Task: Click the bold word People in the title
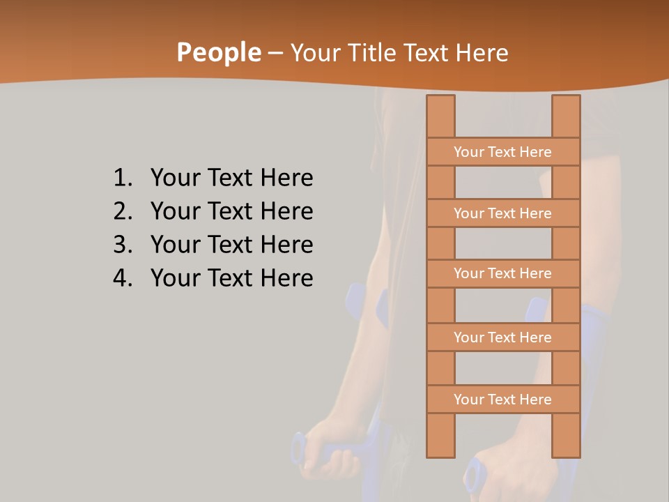[x=218, y=52]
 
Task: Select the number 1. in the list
[x=123, y=178]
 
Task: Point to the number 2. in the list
[x=123, y=211]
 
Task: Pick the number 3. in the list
[x=123, y=245]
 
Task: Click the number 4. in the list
[x=123, y=278]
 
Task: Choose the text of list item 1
[x=231, y=178]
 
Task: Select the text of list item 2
[x=231, y=211]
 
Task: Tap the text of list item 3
[x=231, y=245]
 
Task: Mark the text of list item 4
[x=231, y=278]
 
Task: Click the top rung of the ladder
[x=502, y=152]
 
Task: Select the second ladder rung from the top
[x=502, y=213]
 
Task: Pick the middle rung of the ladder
[x=502, y=273]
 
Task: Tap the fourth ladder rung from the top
[x=502, y=337]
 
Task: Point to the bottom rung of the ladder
[x=502, y=400]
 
